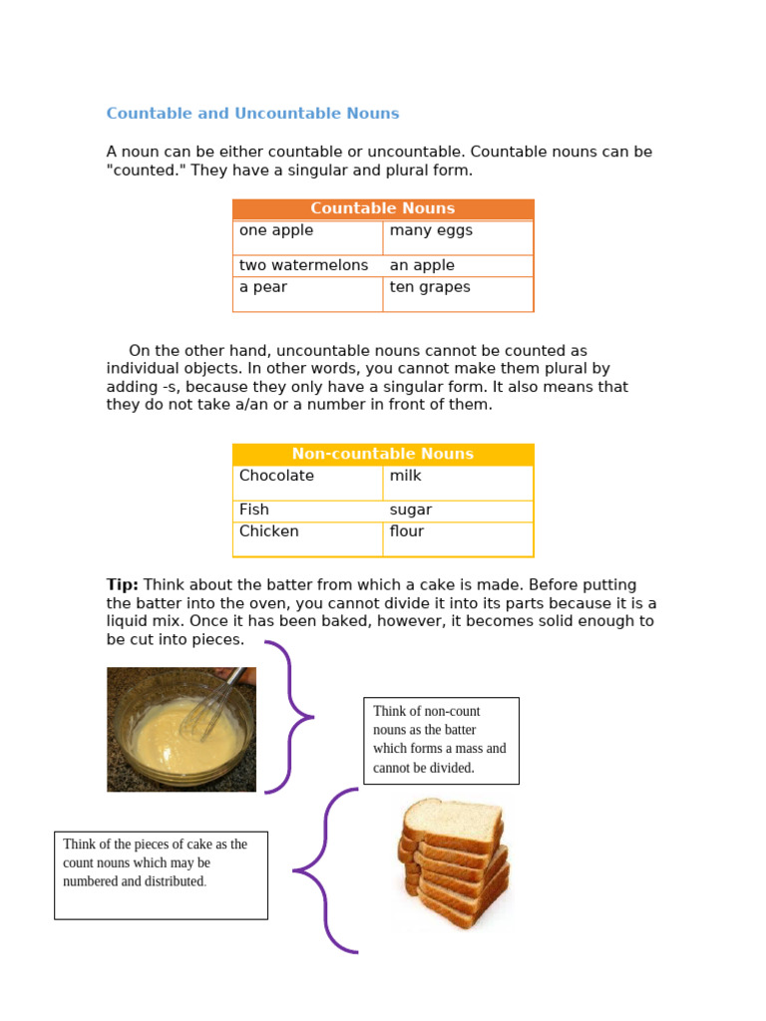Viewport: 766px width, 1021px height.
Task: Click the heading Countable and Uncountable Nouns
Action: [252, 114]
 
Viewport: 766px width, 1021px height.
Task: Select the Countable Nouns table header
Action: [383, 208]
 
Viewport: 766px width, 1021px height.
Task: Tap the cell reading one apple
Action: [307, 237]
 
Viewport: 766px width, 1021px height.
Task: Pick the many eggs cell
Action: [458, 237]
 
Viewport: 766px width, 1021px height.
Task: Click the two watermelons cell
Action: [307, 265]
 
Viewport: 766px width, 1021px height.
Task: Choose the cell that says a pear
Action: [307, 293]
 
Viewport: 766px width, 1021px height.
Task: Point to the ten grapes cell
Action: [458, 293]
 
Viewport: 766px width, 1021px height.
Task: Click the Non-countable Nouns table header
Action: [383, 454]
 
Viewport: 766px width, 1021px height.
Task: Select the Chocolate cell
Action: [307, 483]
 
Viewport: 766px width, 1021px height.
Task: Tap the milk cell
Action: [458, 483]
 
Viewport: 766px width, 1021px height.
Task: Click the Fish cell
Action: [307, 510]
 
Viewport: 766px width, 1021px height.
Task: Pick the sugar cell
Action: [458, 510]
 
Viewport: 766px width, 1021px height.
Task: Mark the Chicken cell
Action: [307, 538]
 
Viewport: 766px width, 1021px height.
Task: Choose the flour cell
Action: [458, 538]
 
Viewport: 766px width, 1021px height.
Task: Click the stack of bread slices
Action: [454, 862]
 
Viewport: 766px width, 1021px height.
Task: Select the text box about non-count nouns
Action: [441, 740]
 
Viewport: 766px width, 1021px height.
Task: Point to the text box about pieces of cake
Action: [161, 874]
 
